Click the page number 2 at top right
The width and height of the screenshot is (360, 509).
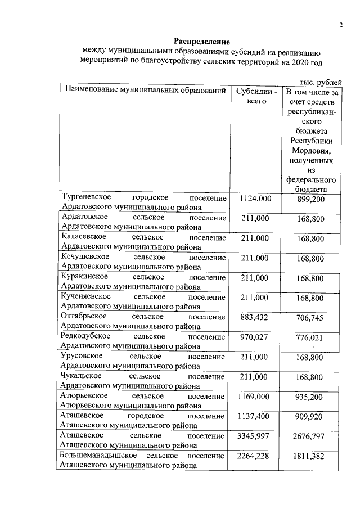point(341,25)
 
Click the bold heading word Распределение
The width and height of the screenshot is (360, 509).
point(201,42)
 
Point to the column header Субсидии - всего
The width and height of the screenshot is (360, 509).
point(256,96)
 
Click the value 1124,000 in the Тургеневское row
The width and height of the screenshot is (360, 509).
point(256,199)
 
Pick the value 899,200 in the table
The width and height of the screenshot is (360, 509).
point(310,199)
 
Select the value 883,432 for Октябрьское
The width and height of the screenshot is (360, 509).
point(256,317)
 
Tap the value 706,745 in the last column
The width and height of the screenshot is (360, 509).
point(310,318)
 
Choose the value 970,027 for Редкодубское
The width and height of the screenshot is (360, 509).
point(256,337)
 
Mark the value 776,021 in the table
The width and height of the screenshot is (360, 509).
point(310,337)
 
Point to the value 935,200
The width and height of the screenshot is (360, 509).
point(310,397)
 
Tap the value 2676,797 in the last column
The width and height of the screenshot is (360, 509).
point(310,436)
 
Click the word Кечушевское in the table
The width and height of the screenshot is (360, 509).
point(84,258)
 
